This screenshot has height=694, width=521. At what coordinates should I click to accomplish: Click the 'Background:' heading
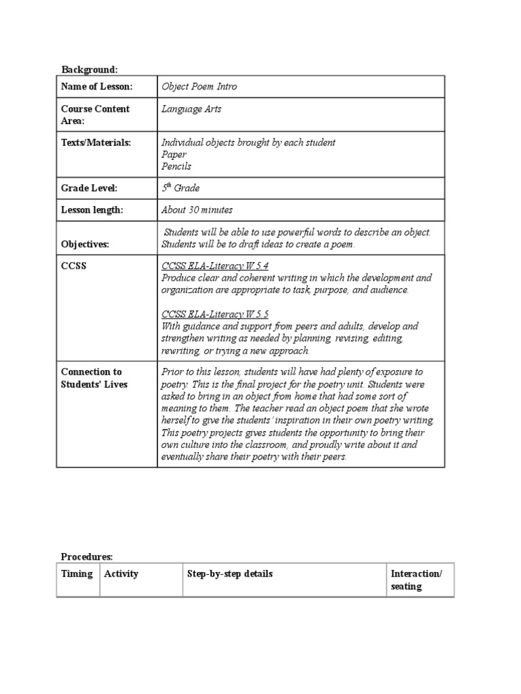click(90, 69)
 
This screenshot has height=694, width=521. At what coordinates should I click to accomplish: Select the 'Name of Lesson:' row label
click(97, 87)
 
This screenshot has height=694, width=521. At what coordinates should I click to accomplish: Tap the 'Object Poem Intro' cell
click(199, 87)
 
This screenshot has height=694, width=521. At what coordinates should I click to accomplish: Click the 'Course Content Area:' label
click(95, 115)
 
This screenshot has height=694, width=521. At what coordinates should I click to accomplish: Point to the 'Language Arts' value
click(191, 108)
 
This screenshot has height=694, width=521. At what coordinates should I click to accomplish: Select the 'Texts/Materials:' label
click(96, 142)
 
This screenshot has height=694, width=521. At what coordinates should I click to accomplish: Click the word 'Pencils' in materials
click(176, 166)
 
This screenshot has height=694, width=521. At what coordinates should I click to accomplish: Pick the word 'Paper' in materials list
click(174, 155)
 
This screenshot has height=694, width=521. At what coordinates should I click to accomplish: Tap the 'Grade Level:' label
click(90, 188)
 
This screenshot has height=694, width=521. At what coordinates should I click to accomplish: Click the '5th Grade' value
click(180, 188)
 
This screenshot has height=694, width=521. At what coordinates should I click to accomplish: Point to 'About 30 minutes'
click(197, 210)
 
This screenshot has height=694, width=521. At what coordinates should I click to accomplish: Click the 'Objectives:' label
click(85, 244)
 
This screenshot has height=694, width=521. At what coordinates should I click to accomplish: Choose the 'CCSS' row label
click(73, 266)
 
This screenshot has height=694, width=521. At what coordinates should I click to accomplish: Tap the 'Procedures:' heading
click(87, 556)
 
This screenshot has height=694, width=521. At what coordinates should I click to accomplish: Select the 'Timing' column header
click(77, 574)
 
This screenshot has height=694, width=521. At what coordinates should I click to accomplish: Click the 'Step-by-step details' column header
click(230, 574)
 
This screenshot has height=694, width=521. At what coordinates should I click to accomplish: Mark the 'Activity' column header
click(121, 574)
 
